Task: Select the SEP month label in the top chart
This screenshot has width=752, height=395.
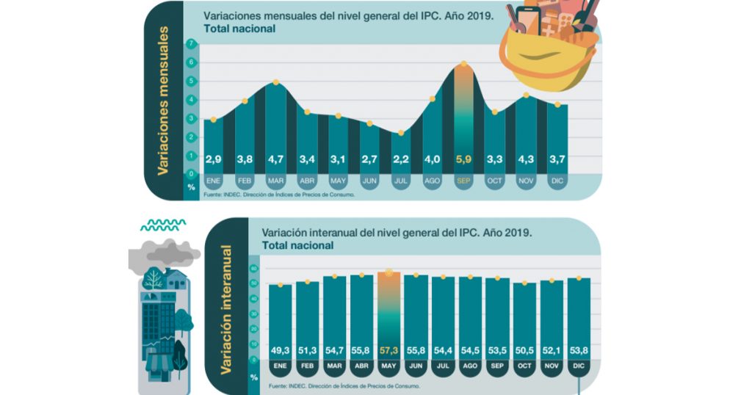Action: [463, 180]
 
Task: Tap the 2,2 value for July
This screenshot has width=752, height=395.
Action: [400, 158]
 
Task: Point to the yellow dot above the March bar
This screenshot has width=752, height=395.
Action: [275, 82]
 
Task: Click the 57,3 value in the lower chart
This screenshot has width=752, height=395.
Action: [388, 348]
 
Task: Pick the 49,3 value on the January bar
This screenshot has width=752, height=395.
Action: [280, 348]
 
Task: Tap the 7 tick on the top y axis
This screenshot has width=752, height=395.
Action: [191, 44]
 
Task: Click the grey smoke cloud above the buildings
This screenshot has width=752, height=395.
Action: [163, 253]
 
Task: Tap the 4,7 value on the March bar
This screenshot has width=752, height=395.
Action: [275, 158]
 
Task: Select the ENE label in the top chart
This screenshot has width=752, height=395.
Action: [214, 180]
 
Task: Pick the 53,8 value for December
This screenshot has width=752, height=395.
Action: [579, 348]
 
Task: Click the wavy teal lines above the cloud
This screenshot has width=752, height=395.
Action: [163, 225]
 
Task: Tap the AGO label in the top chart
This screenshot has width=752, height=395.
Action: [432, 180]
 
